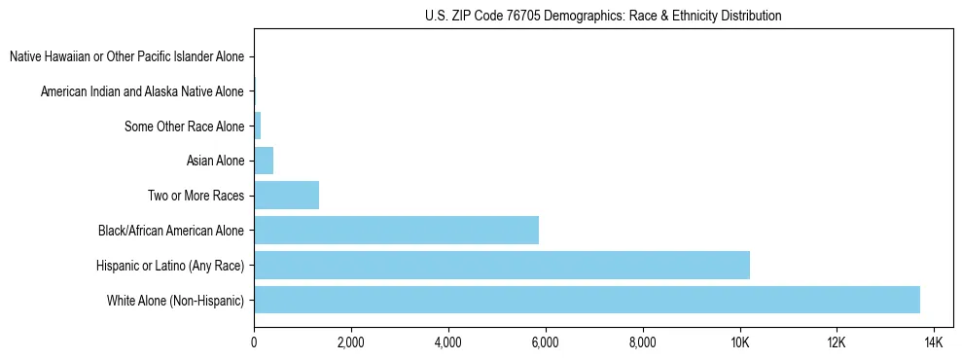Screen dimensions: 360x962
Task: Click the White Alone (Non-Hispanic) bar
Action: tap(587, 300)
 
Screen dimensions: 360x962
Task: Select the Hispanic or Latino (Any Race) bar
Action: tap(502, 265)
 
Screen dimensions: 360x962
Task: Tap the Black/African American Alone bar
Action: tap(396, 231)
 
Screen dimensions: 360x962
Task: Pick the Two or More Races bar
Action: tap(286, 196)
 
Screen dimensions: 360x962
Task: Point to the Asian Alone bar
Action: tap(264, 161)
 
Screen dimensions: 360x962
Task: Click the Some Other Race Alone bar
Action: tap(258, 126)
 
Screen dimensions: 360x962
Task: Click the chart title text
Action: tap(603, 16)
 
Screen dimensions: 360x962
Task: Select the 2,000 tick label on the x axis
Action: tap(350, 342)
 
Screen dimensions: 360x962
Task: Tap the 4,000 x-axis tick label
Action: tap(447, 342)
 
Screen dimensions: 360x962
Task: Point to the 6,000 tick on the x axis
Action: tap(545, 342)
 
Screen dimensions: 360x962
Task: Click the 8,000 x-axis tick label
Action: tap(642, 342)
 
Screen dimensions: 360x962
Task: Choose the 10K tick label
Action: tap(739, 342)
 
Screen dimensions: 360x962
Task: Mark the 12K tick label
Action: tap(837, 342)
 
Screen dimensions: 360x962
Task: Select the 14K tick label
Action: tap(934, 342)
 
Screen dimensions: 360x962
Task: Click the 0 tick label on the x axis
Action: tap(254, 342)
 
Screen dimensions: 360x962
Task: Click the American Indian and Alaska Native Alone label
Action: tap(142, 91)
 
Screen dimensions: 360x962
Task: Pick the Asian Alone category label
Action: tap(215, 161)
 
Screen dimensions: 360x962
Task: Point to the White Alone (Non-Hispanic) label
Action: tap(176, 300)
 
